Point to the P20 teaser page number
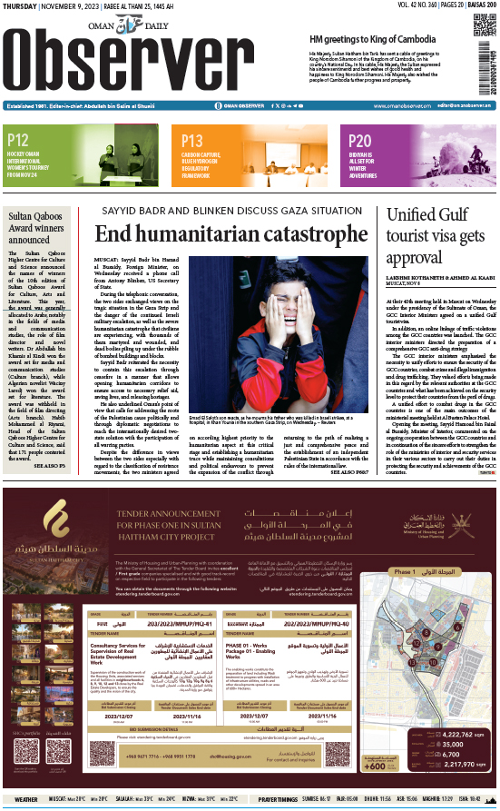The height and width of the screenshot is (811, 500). (360, 140)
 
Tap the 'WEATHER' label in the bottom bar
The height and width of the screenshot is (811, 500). (26, 800)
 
